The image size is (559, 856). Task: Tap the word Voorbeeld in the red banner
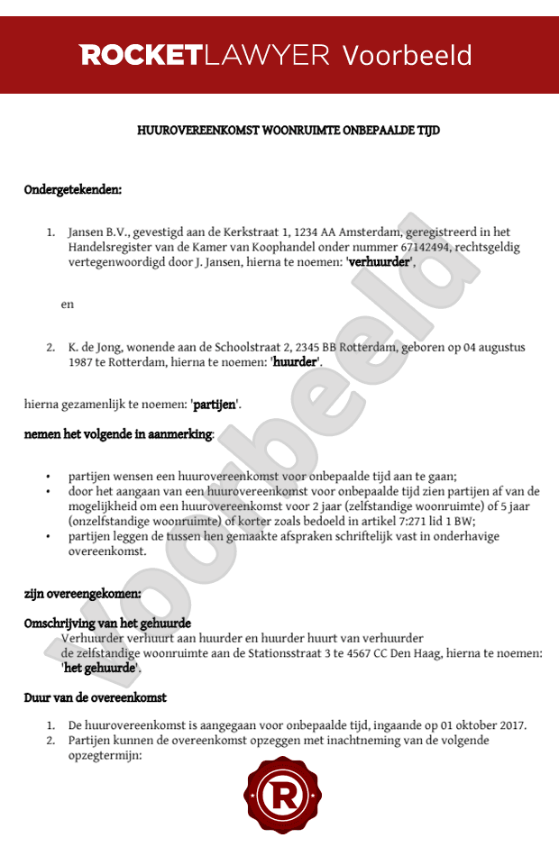[x=407, y=56]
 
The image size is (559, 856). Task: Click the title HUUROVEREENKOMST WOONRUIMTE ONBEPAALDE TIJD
[x=288, y=131]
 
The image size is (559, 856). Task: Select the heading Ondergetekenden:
[x=73, y=190]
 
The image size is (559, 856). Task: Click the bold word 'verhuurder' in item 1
[x=379, y=262]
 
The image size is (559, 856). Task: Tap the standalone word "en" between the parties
[x=68, y=305]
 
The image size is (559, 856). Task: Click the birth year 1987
[x=82, y=362]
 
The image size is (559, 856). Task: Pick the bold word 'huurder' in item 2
[x=295, y=362]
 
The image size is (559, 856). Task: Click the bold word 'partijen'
[x=215, y=405]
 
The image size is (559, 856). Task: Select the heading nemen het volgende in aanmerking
[x=118, y=434]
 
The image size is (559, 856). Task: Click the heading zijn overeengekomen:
[x=82, y=594]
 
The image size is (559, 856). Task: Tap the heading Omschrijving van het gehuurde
[x=107, y=624]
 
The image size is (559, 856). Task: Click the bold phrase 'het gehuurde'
[x=100, y=669]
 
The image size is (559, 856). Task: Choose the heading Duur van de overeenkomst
[x=95, y=697]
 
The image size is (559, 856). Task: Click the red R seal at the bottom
[x=283, y=796]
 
